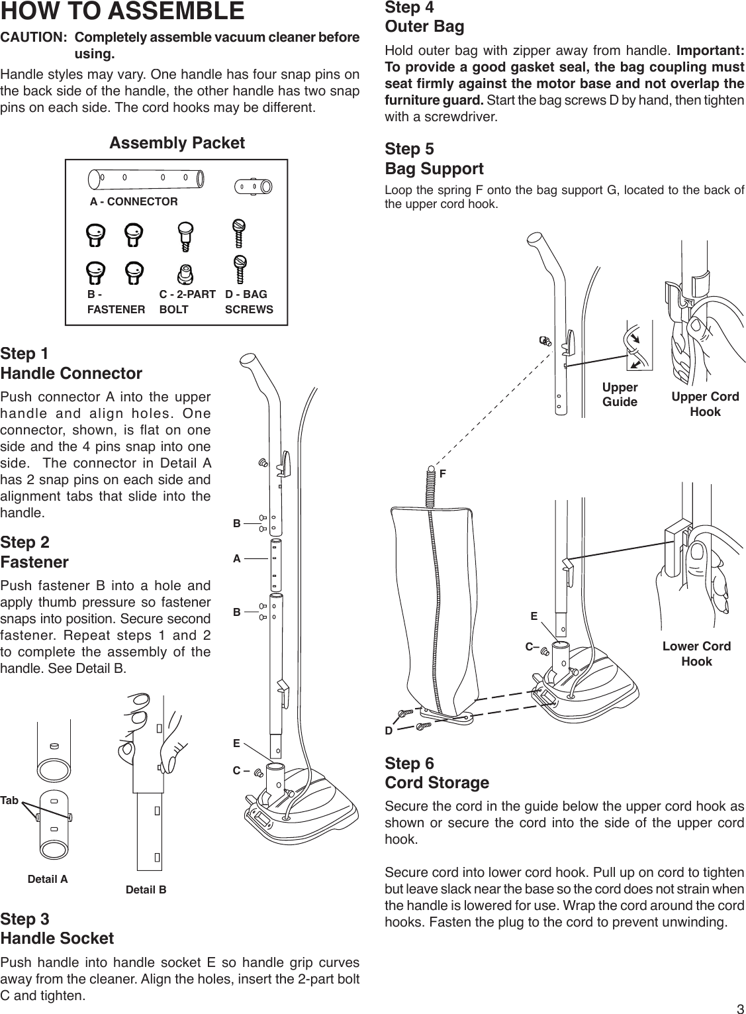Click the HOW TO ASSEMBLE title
point(122,12)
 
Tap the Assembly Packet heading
point(177,143)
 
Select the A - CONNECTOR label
point(134,201)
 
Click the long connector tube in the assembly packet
point(146,178)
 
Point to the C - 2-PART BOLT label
point(187,301)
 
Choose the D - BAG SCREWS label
point(249,301)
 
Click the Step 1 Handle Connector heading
point(71,363)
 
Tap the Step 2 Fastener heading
point(34,552)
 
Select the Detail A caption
point(48,880)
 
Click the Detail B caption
point(146,889)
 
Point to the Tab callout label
point(9,801)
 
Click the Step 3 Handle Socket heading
point(57,929)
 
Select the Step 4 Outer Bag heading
point(424,17)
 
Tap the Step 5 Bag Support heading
point(434,159)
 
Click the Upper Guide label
point(620,395)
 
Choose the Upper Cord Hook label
point(705,404)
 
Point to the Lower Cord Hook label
point(696,654)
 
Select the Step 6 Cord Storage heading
point(437,773)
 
